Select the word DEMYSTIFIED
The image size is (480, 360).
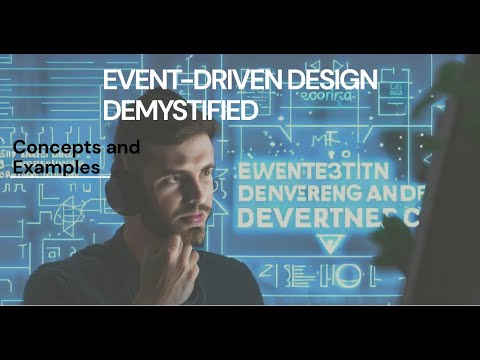pyautogui.click(x=180, y=111)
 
